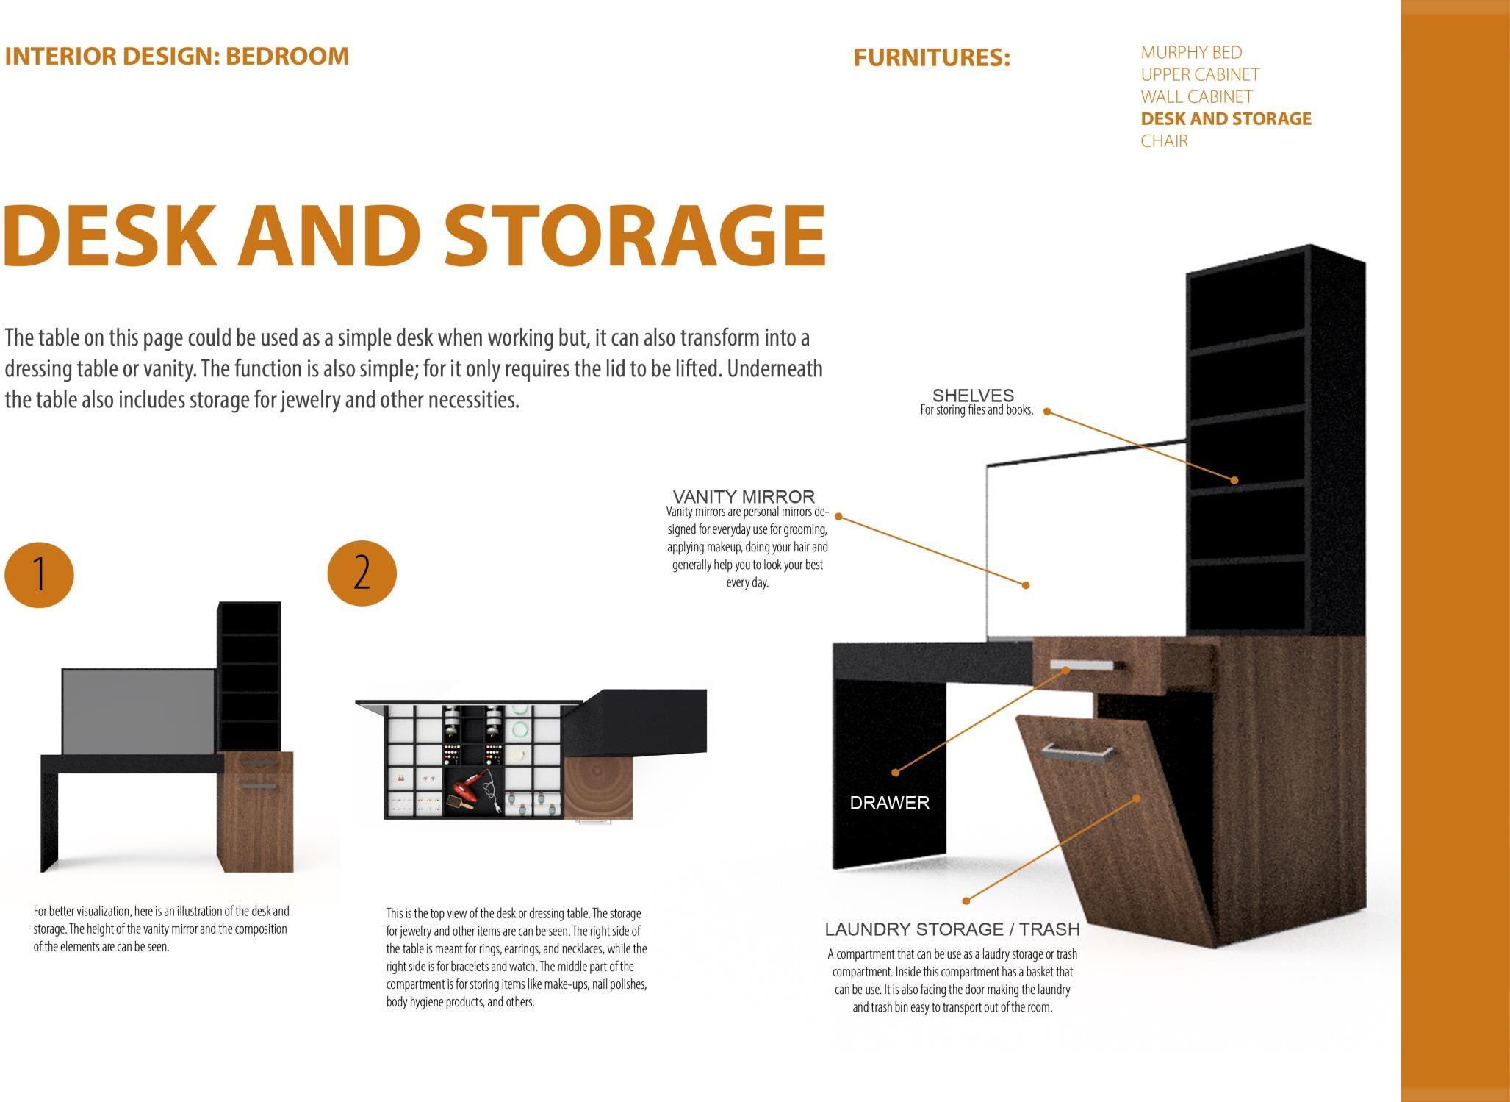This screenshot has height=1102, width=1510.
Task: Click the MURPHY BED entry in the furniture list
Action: (x=1191, y=53)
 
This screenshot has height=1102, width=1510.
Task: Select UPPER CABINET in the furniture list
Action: (x=1200, y=75)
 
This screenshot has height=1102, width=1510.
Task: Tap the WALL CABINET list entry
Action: (x=1196, y=97)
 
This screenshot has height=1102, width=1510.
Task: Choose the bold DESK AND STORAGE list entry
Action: (x=1226, y=119)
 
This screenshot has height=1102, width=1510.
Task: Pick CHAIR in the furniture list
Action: (x=1164, y=141)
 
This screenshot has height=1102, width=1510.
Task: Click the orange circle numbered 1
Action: (x=39, y=574)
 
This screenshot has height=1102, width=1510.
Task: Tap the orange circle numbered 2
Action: (x=362, y=573)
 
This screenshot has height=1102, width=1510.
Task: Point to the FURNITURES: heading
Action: (x=932, y=57)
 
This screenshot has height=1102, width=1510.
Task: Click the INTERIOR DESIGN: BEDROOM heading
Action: (x=176, y=56)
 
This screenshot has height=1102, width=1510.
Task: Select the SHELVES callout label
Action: (x=973, y=396)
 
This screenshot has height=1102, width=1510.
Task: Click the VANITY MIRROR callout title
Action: (x=744, y=497)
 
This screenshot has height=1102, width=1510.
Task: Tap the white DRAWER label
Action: (x=889, y=803)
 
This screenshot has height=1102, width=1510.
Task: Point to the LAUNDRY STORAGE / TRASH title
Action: (x=952, y=929)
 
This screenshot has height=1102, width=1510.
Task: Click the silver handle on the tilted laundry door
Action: (x=1077, y=751)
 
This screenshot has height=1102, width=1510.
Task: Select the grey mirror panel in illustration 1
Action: (x=138, y=711)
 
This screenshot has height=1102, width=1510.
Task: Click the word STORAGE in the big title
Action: (x=635, y=235)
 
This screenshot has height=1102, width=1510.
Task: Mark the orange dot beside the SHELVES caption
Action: (x=1047, y=412)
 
